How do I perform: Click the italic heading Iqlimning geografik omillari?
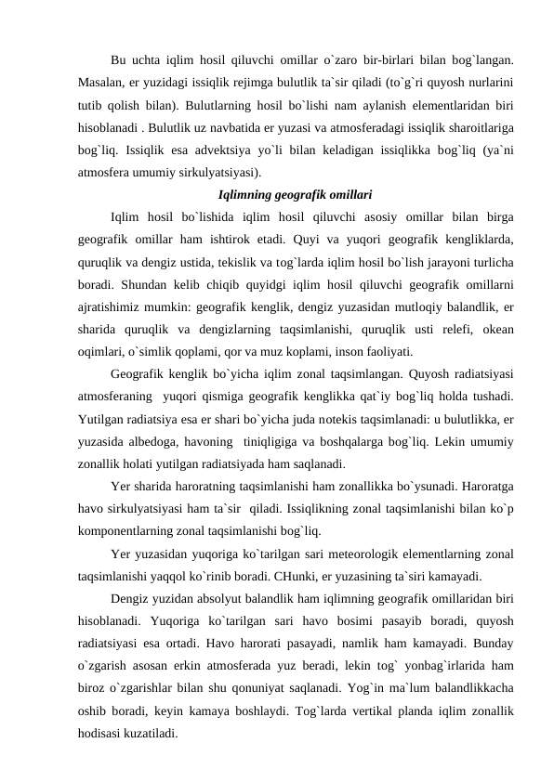pos(295,196)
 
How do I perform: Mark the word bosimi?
pos(360,622)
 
